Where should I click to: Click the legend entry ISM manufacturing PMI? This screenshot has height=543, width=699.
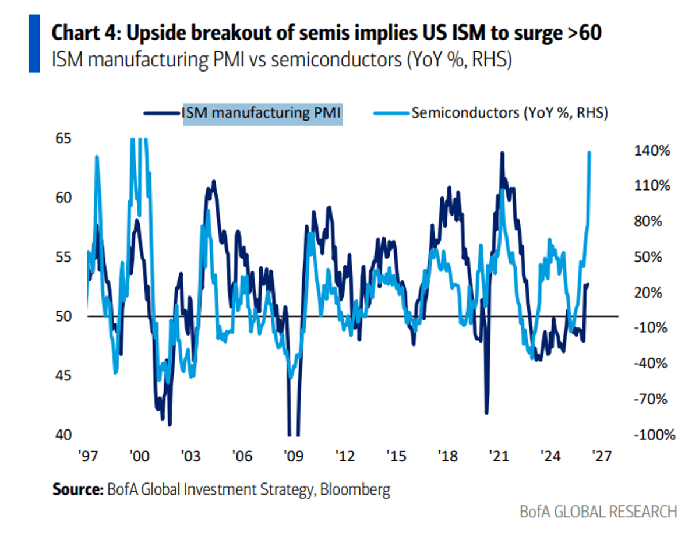[x=262, y=112]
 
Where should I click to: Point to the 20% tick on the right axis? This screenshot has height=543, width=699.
[x=653, y=292]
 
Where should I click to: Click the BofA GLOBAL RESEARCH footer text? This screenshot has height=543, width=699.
[x=598, y=512]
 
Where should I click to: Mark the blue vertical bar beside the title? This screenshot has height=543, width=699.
[x=34, y=44]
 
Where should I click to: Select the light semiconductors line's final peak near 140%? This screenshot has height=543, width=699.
[x=589, y=153]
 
